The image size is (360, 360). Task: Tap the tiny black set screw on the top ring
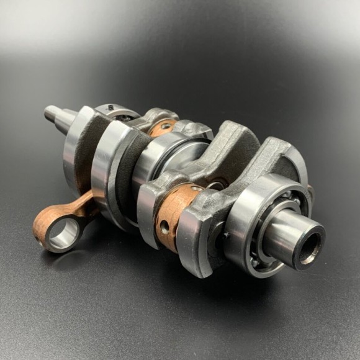click(110, 108)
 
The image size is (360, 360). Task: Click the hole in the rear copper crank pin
click(166, 126)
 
